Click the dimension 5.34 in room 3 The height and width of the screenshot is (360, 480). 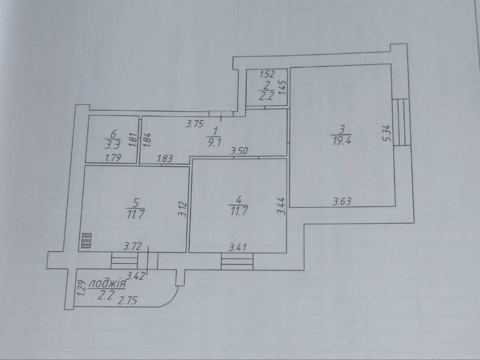click(387, 133)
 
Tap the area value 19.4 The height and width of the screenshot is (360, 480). click(342, 141)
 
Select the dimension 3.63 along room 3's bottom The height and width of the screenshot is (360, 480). click(342, 202)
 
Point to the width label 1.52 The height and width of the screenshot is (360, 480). click(267, 74)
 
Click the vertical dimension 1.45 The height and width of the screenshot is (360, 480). click(283, 87)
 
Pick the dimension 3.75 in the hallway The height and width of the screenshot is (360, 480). click(195, 124)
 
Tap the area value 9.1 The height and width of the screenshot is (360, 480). click(215, 142)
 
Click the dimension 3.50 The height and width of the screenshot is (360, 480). click(239, 151)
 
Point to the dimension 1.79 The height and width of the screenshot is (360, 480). click(113, 158)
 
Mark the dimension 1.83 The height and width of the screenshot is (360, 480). click(165, 158)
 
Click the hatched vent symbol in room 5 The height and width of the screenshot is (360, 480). click(86, 240)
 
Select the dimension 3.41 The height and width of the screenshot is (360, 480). click(238, 247)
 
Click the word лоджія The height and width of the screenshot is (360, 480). click(107, 284)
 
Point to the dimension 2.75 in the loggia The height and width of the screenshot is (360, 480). click(128, 301)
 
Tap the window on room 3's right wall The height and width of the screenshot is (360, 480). click(402, 122)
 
